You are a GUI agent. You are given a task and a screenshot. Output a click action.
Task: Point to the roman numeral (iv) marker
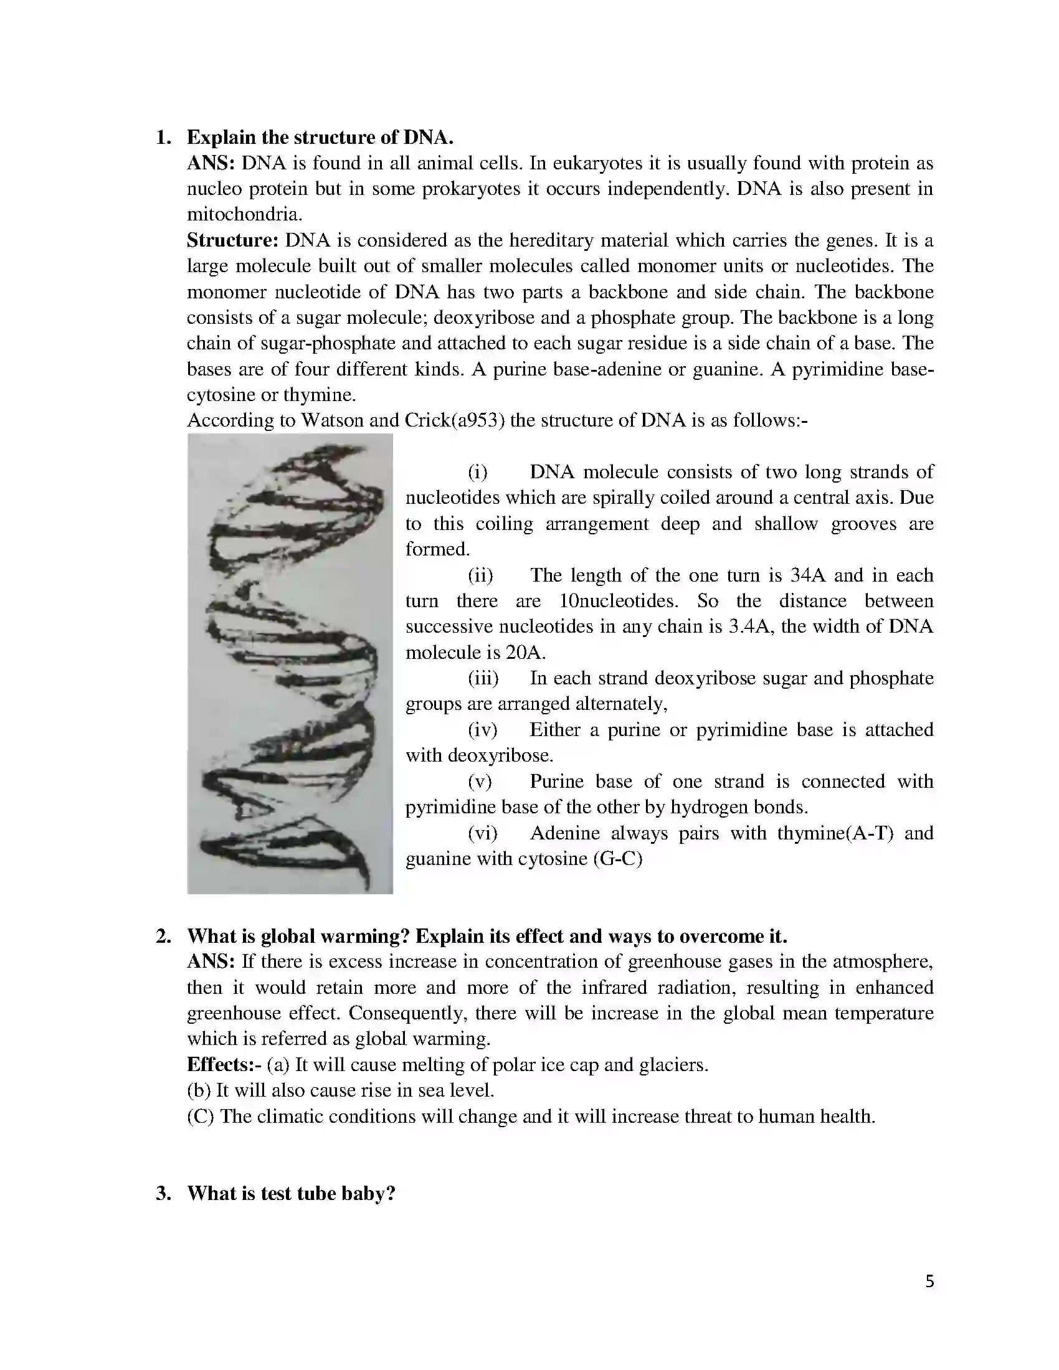tap(482, 730)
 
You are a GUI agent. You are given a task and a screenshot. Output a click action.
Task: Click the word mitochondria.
tap(245, 215)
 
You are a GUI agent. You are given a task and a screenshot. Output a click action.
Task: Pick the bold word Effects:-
tap(224, 1064)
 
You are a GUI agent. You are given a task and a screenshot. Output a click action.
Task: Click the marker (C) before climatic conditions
tap(201, 1117)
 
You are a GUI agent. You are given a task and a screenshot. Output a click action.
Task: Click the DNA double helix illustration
tap(290, 664)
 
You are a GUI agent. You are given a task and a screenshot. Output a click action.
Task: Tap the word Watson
tap(332, 420)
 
